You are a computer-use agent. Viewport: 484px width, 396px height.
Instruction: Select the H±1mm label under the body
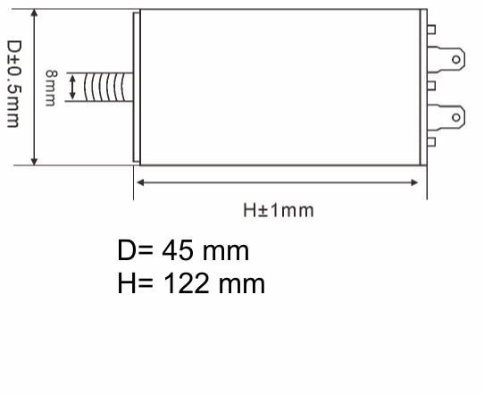(279, 210)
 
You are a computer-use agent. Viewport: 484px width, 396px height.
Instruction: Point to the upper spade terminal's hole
(457, 60)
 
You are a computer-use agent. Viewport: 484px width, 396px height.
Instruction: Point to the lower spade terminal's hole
(457, 116)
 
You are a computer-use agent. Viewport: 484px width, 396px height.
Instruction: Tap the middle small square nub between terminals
(431, 87)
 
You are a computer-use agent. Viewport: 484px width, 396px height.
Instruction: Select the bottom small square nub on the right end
(431, 142)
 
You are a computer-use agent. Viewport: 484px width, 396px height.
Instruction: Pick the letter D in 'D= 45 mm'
(127, 249)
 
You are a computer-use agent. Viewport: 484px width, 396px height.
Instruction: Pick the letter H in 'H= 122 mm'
(127, 283)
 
